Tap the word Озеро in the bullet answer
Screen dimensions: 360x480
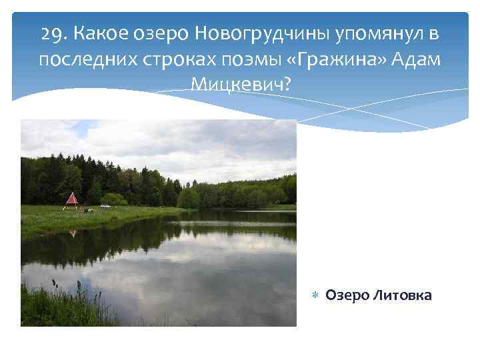pyautogui.click(x=343, y=295)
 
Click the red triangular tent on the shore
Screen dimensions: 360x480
pyautogui.click(x=72, y=199)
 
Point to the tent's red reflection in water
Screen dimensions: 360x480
pyautogui.click(x=72, y=233)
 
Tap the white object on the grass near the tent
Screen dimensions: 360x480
pyautogui.click(x=105, y=207)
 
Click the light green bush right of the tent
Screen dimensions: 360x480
pyautogui.click(x=114, y=199)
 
